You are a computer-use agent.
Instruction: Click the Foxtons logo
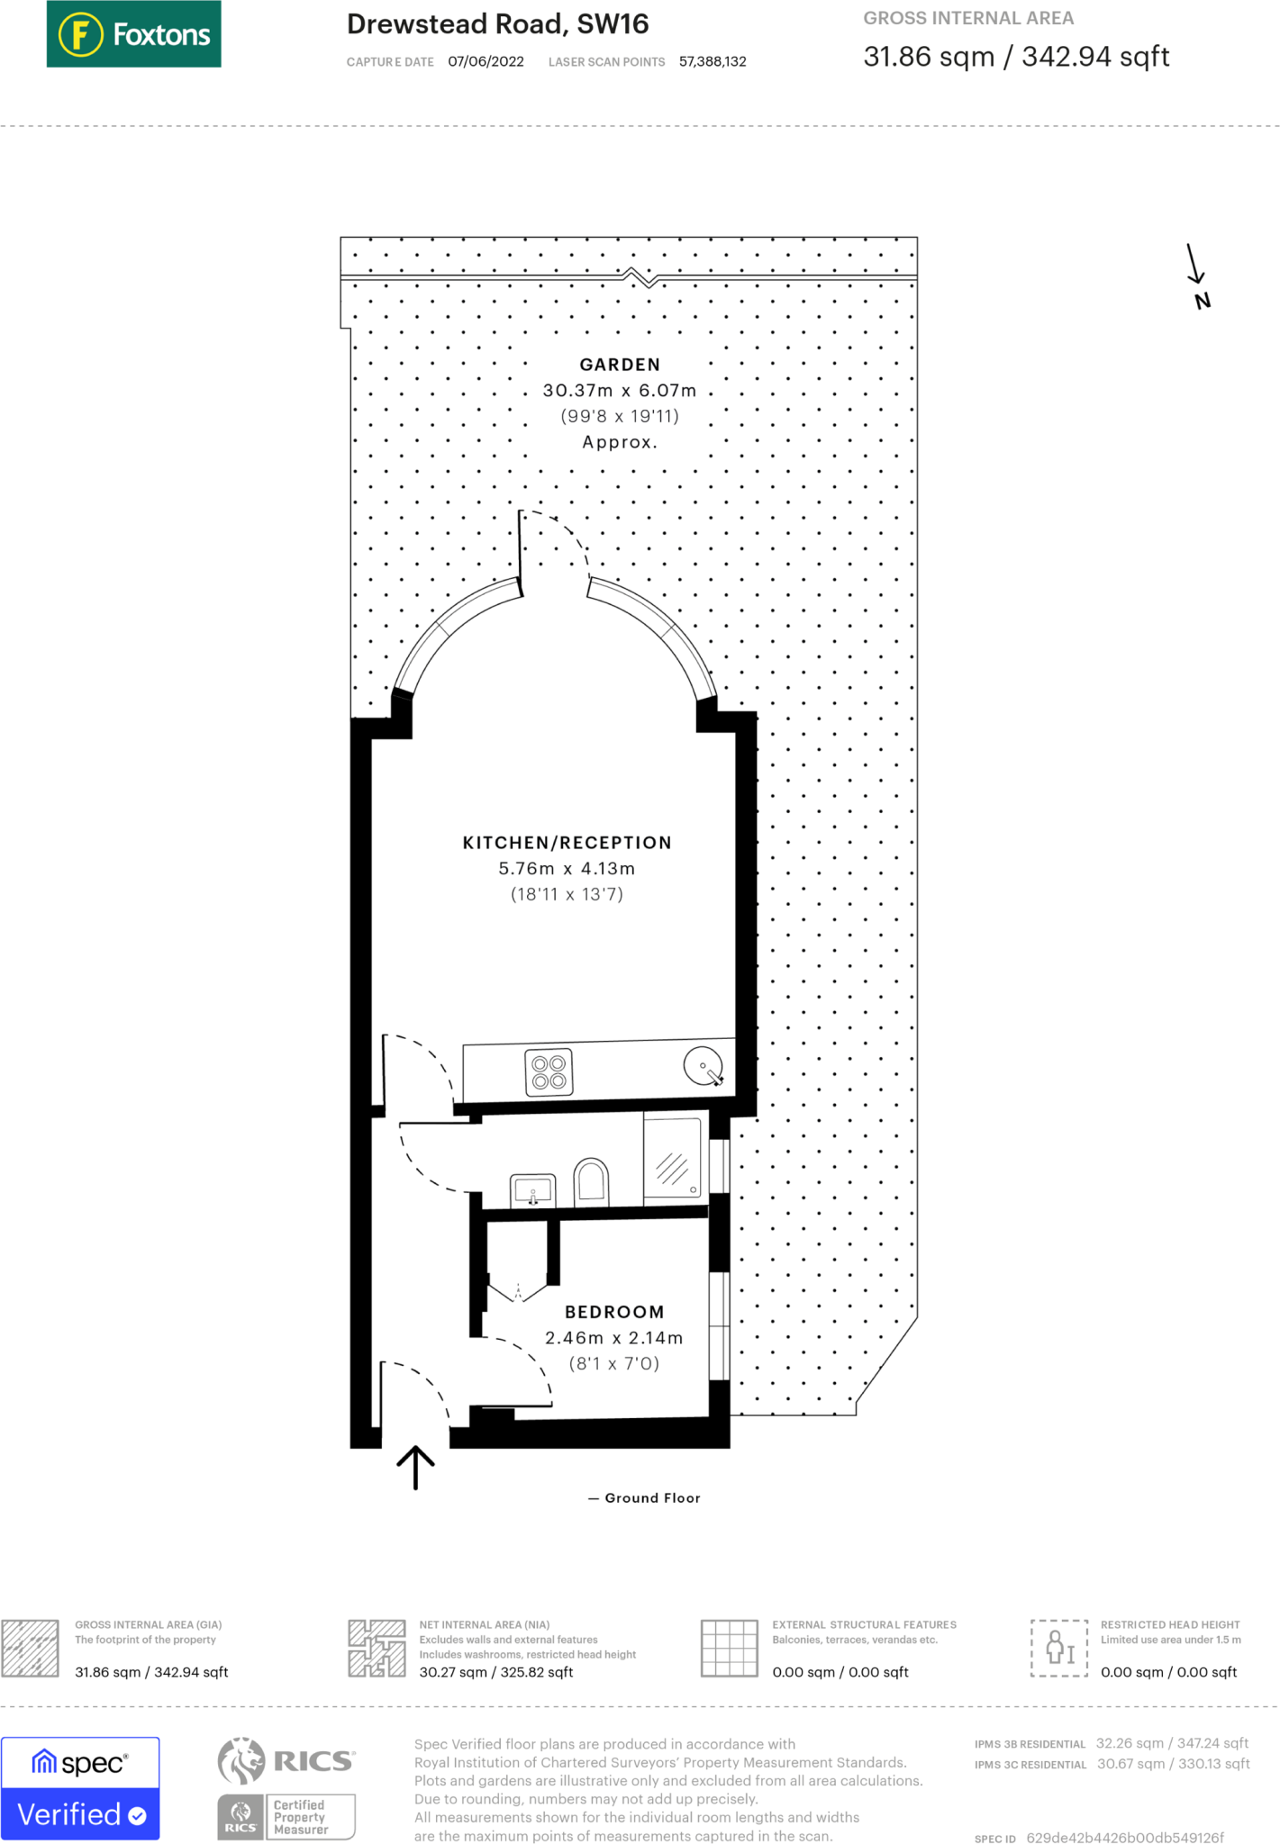(133, 34)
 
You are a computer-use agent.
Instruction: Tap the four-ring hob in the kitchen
(549, 1072)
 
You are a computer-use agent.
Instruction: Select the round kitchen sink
(703, 1066)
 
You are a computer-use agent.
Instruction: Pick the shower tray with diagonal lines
(673, 1158)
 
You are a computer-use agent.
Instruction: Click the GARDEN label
(620, 365)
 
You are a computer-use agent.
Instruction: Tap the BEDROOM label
(614, 1312)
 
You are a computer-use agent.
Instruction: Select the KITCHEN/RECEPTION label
(567, 843)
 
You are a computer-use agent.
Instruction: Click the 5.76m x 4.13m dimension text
(567, 869)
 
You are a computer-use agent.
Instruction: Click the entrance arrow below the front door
(415, 1467)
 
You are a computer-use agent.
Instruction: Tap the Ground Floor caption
(651, 1498)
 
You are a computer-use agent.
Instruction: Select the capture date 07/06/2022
(486, 62)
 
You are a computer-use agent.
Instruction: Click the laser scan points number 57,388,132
(713, 62)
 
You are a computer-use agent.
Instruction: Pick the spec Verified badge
(80, 1788)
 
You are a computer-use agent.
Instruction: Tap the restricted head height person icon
(1059, 1648)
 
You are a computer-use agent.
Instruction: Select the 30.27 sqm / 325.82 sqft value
(495, 1672)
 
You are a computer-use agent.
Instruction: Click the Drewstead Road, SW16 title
(497, 24)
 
